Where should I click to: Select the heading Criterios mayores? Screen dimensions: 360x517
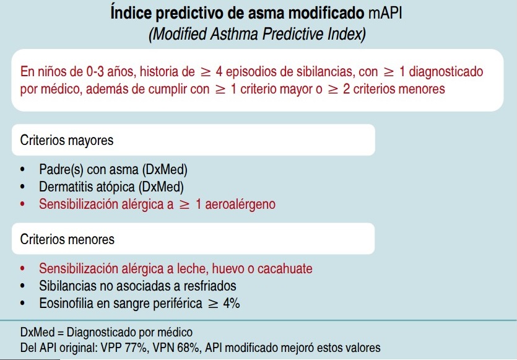pos(67,140)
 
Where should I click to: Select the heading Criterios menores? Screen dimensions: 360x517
pos(67,239)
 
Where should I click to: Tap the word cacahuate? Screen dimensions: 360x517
pos(284,269)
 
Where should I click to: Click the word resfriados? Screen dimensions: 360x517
pos(207,286)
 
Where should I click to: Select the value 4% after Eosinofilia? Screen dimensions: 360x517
pos(230,304)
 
